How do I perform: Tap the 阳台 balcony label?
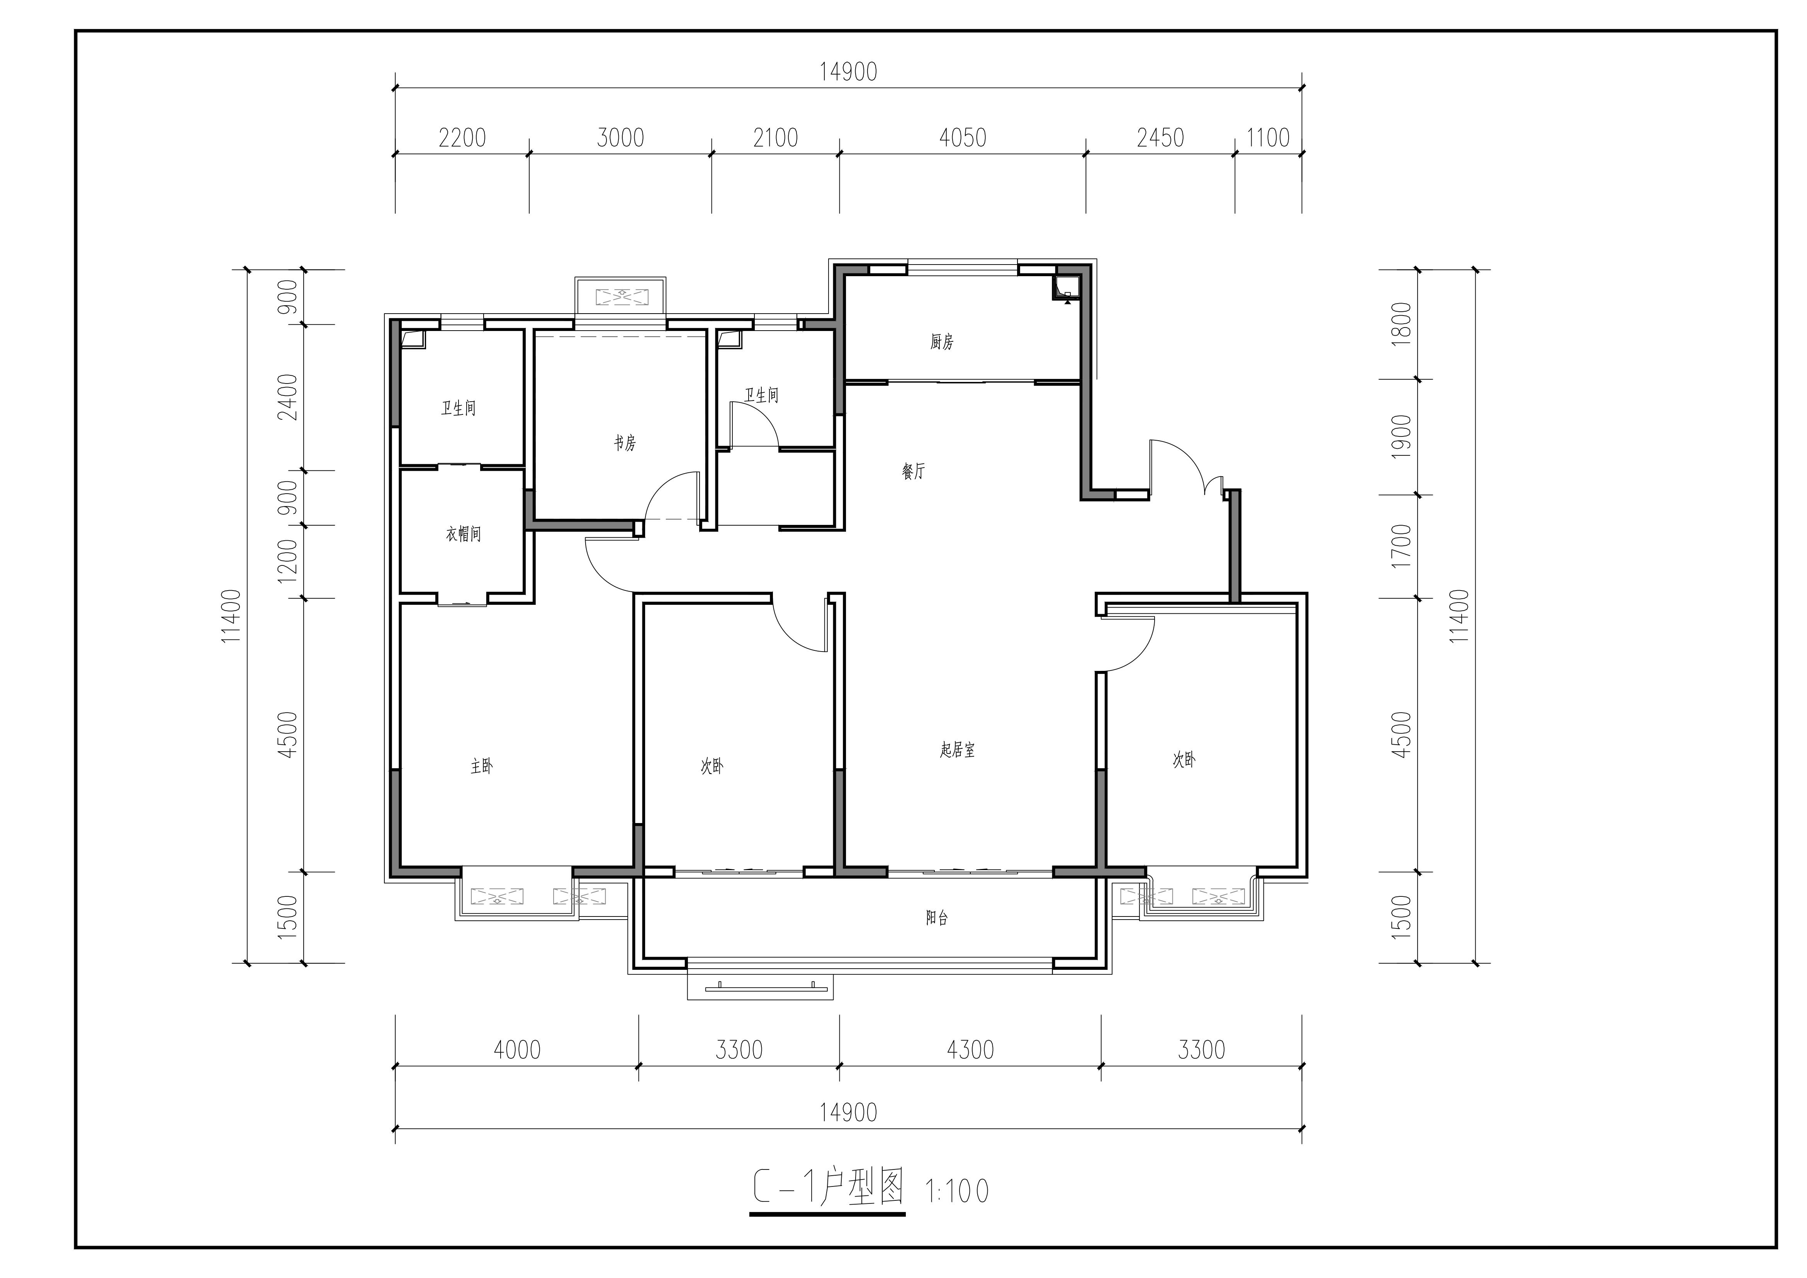pyautogui.click(x=937, y=918)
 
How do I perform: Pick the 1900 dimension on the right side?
pyautogui.click(x=1402, y=437)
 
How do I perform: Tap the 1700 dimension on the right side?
pyautogui.click(x=1402, y=546)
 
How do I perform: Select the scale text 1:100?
pyautogui.click(x=957, y=1191)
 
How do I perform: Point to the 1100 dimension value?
pyautogui.click(x=1268, y=138)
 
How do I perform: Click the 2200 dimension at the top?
pyautogui.click(x=462, y=138)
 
